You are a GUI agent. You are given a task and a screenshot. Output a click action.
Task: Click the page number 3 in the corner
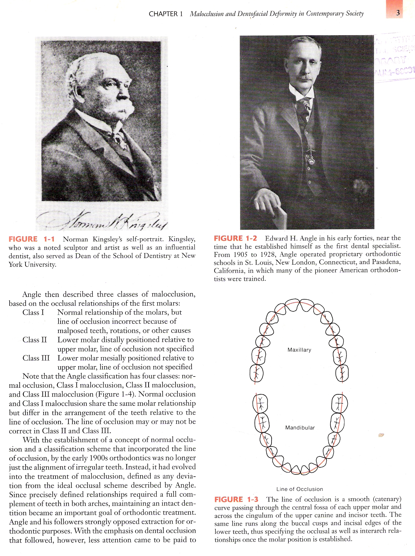click(x=398, y=13)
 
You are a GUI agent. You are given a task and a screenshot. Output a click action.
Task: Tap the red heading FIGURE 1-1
click(x=31, y=239)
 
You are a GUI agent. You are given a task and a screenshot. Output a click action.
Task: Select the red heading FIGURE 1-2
click(x=235, y=238)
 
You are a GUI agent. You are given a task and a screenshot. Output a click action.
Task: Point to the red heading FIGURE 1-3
click(x=236, y=499)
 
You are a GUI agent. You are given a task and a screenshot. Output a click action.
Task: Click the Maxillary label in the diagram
click(x=299, y=350)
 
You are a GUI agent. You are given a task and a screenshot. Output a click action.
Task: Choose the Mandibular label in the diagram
click(x=300, y=427)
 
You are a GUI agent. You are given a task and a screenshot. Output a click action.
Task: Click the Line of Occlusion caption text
click(x=300, y=489)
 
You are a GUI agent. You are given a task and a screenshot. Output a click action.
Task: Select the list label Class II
click(x=35, y=340)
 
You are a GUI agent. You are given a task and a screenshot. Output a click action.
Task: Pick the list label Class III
click(x=36, y=358)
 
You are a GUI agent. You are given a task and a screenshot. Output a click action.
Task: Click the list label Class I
click(x=33, y=312)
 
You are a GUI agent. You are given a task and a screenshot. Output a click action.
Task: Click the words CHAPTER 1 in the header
click(x=166, y=14)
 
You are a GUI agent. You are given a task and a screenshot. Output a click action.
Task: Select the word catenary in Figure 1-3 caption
click(x=386, y=499)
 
